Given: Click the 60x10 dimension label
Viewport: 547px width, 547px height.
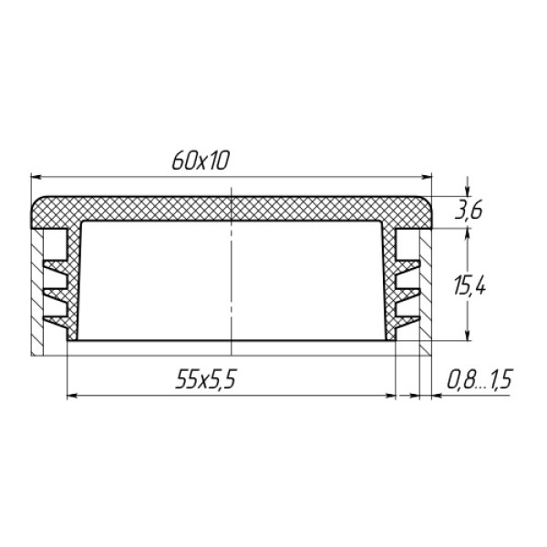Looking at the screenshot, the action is [x=201, y=160].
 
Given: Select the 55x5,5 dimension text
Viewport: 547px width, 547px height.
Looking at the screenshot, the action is [x=206, y=379].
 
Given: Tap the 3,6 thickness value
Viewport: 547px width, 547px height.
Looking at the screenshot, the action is [x=469, y=212].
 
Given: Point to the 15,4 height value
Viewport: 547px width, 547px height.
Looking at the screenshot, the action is [x=470, y=287].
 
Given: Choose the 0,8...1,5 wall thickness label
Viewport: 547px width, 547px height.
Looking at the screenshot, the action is [x=480, y=379].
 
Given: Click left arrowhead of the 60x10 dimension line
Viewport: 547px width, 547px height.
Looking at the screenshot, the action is [x=36, y=177].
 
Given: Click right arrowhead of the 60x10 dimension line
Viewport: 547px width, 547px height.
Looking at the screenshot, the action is [x=427, y=177].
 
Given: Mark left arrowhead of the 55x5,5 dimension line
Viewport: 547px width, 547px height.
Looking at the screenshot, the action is [x=72, y=396].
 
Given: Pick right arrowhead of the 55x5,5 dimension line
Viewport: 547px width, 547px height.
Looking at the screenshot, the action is [x=390, y=396].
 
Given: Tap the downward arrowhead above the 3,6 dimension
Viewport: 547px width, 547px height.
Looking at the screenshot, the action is [x=468, y=191].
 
